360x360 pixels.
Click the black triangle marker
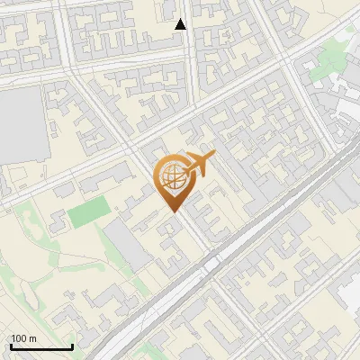click(x=181, y=24)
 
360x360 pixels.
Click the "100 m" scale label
click(x=23, y=338)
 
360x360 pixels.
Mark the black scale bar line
click(x=41, y=347)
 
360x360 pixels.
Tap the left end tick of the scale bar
click(x=11, y=346)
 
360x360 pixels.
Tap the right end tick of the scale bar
click(x=72, y=346)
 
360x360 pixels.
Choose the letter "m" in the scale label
click(x=32, y=338)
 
